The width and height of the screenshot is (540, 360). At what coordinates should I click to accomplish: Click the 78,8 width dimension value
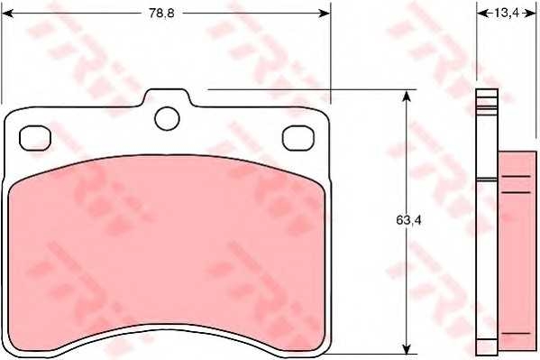tap(161, 14)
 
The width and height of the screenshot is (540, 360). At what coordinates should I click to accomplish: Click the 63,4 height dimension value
tap(408, 220)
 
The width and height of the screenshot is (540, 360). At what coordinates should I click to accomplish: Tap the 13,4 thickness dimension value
tap(507, 14)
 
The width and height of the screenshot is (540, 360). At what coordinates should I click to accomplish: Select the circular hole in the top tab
tap(168, 118)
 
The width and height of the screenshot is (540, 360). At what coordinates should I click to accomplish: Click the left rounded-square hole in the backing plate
tap(35, 138)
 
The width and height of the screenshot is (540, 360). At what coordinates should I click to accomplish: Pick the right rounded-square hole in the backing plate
tap(298, 138)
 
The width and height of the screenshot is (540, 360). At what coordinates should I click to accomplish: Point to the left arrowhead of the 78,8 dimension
tap(7, 14)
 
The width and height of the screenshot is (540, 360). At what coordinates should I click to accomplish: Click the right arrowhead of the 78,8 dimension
tap(324, 14)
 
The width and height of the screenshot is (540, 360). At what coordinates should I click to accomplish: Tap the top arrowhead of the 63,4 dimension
tap(407, 97)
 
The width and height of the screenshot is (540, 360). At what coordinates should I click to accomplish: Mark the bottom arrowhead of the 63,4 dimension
tap(407, 347)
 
